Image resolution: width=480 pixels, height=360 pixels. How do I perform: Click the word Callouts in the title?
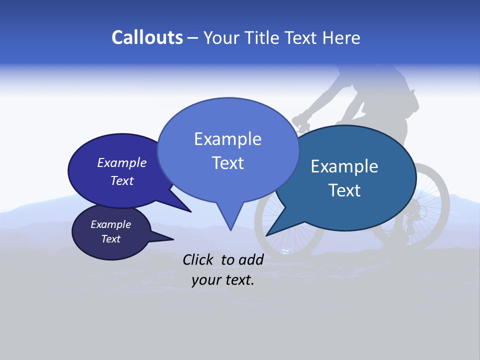[x=147, y=37]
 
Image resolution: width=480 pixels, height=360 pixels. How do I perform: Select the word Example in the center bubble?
[x=227, y=139]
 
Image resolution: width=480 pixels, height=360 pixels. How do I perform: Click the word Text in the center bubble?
[x=227, y=163]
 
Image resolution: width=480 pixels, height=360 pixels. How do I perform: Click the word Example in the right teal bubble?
[x=344, y=166]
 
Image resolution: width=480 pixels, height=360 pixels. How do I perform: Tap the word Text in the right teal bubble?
[x=345, y=190]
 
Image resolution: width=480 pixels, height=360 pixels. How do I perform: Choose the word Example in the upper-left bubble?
[x=122, y=162]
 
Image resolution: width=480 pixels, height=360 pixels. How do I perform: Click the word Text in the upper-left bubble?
[x=122, y=181]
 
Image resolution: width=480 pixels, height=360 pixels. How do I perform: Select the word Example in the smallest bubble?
[x=111, y=224]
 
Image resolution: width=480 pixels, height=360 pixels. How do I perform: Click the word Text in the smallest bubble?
[x=111, y=239]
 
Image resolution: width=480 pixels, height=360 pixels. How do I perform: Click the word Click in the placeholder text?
[x=199, y=259]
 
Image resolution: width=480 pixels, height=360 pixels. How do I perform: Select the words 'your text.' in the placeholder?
[x=223, y=280]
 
